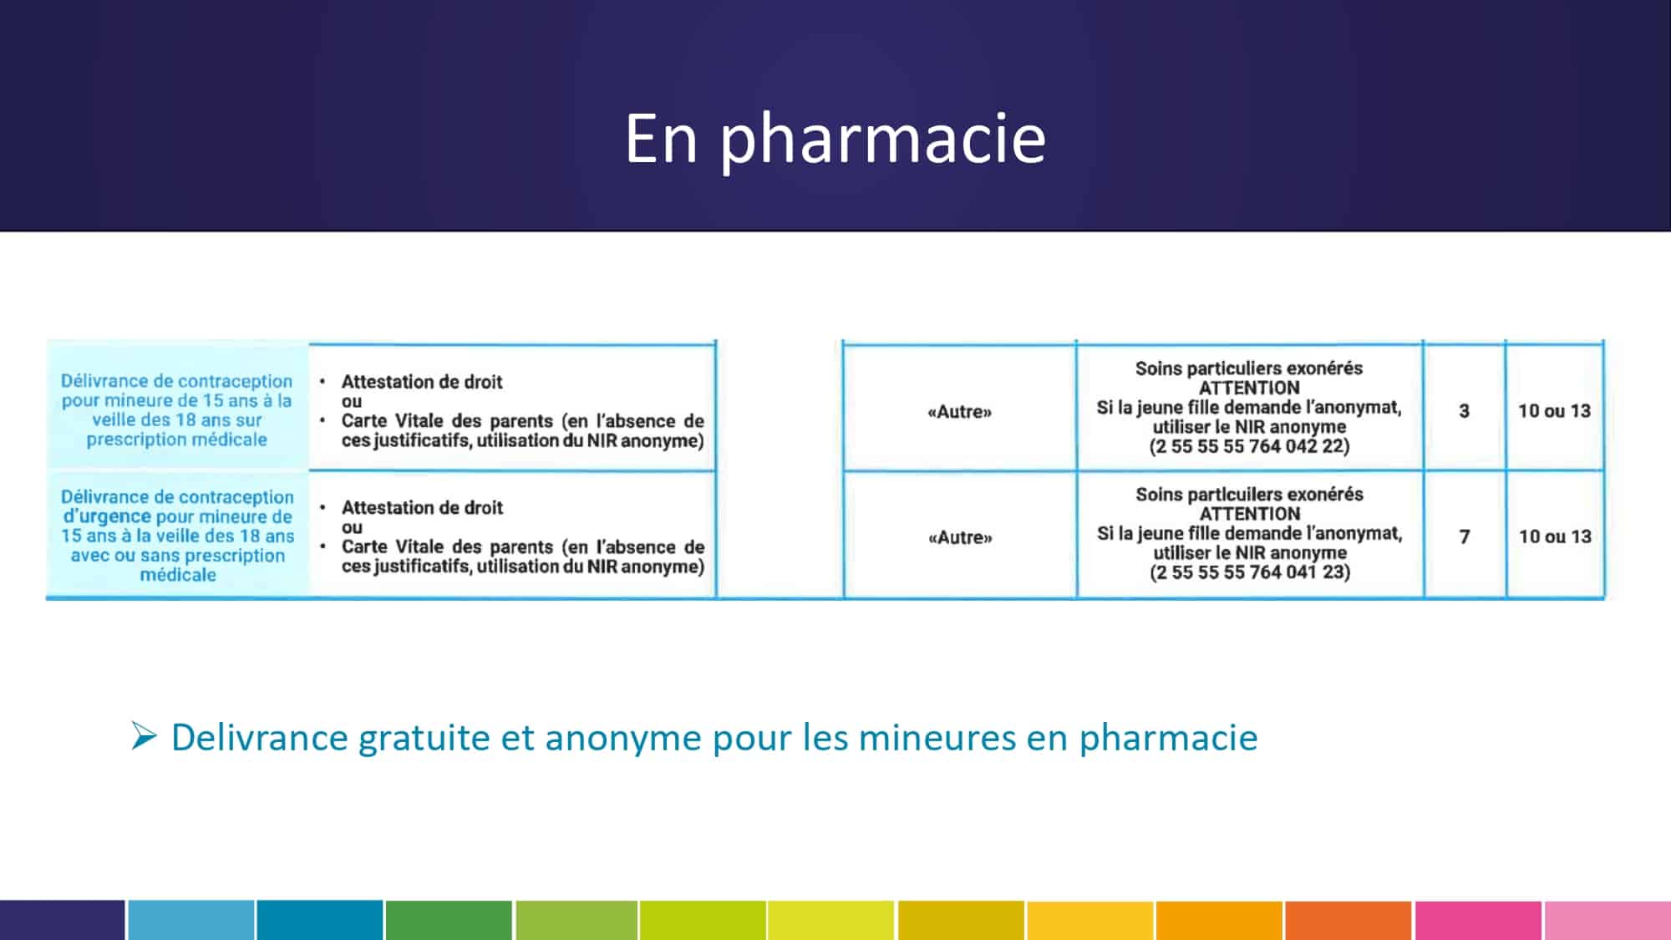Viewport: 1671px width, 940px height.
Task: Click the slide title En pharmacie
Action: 835,139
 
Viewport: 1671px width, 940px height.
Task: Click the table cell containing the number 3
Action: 1464,411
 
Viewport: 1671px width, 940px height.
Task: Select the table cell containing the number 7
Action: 1464,536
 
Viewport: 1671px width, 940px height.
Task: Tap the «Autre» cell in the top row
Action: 959,411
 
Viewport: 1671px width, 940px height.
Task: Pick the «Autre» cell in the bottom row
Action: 959,537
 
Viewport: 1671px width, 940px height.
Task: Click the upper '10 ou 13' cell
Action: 1554,411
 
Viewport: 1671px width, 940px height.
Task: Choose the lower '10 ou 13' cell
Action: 1554,536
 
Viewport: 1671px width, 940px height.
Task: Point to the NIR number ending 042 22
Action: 1249,446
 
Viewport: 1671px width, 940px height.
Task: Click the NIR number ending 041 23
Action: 1249,572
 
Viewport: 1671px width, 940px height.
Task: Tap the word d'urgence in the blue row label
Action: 107,516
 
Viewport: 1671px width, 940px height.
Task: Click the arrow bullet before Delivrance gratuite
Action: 144,736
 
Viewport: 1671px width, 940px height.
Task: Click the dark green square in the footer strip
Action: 449,920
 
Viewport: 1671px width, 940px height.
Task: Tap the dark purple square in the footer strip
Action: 62,920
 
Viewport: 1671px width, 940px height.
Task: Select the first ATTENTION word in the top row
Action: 1249,388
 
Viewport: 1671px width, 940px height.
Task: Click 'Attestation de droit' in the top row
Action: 422,382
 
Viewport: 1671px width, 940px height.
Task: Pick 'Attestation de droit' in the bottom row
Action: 422,508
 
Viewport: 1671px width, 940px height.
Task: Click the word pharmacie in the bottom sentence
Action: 1168,738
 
